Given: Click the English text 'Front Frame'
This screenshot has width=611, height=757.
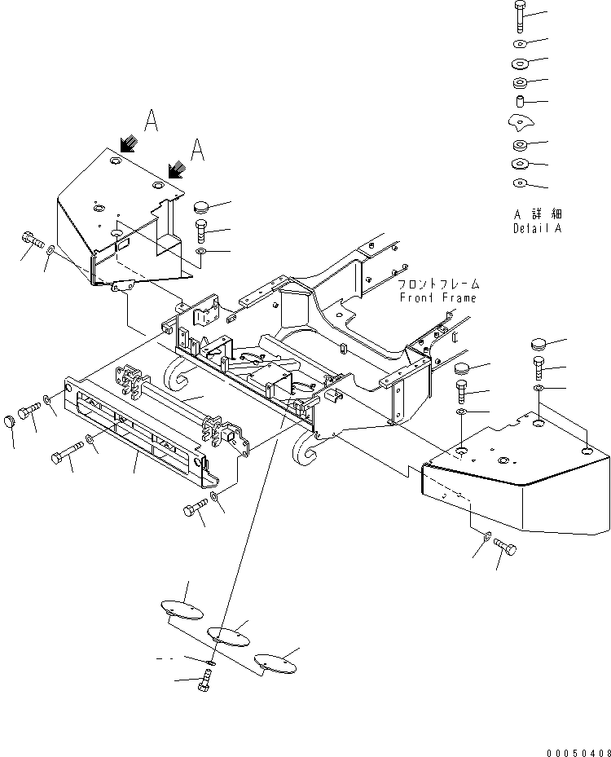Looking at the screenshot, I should click(438, 298).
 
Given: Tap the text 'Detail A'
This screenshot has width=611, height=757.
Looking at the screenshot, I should click(537, 228).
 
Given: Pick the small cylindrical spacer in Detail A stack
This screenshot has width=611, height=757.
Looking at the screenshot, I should click(519, 102).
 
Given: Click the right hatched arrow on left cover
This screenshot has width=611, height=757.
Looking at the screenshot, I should click(174, 169).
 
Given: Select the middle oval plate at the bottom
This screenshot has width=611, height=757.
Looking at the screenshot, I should click(228, 635).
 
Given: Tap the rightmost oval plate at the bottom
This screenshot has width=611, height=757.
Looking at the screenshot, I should click(275, 662).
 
